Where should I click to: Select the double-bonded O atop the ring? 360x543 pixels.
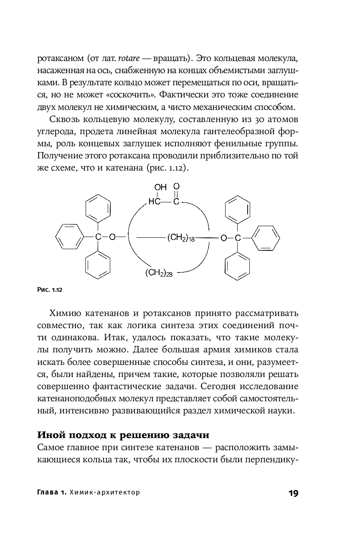tap(177, 186)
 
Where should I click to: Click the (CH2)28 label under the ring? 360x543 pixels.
tap(159, 273)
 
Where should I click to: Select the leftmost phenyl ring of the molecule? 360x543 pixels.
tap(68, 237)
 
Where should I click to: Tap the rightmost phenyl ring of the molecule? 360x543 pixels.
tap(267, 238)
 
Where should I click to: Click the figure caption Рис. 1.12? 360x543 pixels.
tap(50, 289)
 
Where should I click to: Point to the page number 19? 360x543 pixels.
tap(293, 493)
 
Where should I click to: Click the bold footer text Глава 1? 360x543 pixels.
tap(51, 493)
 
